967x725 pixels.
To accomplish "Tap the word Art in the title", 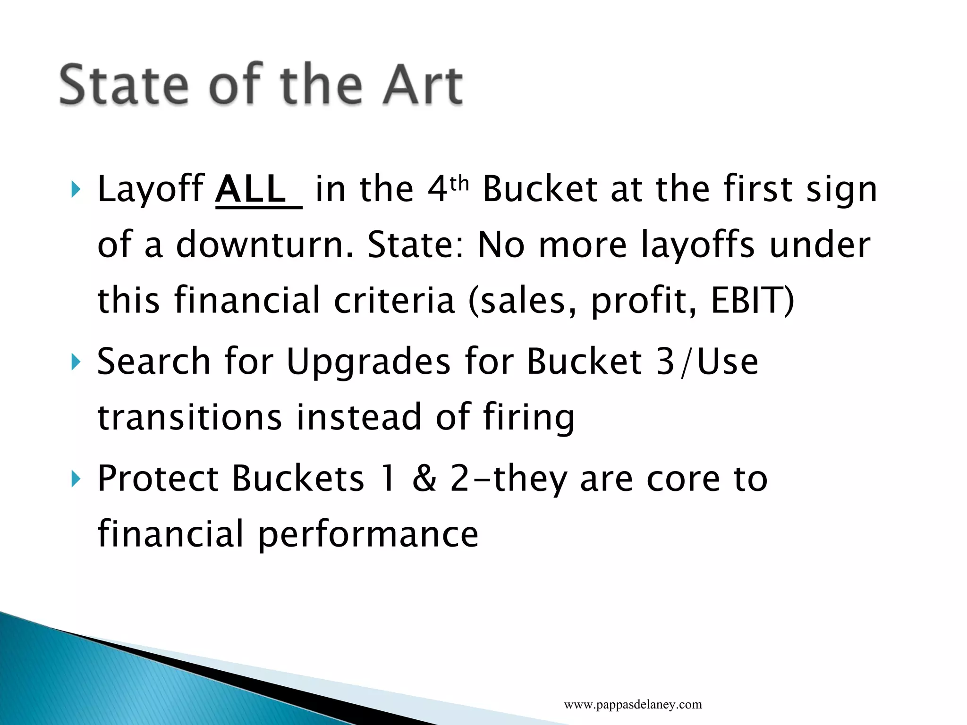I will tap(422, 85).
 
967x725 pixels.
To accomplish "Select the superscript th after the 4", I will tap(459, 183).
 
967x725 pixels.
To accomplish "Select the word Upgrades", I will tap(368, 362).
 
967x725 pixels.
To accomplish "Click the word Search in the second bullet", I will tap(153, 362).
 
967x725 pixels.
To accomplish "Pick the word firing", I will tap(529, 418).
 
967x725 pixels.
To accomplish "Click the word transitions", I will tap(189, 417).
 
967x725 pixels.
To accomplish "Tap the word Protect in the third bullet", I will tap(158, 479).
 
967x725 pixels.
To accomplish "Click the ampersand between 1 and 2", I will tap(424, 479).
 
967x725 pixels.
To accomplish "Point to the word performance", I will tap(368, 535).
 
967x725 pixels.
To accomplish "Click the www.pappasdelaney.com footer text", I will tap(633, 705).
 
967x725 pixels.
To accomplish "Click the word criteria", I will tap(394, 300).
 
